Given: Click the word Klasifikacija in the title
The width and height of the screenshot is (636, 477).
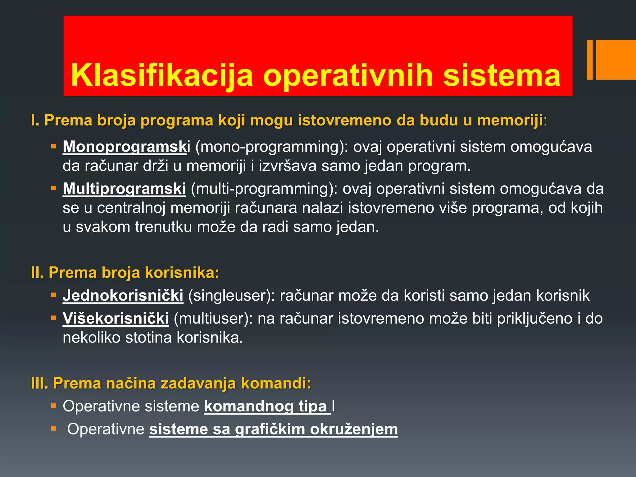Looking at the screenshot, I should (162, 75).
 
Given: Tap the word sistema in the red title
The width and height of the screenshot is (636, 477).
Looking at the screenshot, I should (502, 75).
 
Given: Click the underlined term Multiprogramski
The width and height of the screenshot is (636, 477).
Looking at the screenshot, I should (124, 189).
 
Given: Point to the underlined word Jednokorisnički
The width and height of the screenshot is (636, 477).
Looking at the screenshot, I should (123, 295).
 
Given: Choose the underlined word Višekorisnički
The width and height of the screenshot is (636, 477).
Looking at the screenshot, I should (116, 318).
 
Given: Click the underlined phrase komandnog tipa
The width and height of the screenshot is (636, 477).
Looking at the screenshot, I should (267, 406).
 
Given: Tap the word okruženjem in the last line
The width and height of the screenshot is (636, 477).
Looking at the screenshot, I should (354, 429).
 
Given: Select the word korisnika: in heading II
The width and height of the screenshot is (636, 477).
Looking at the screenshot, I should (182, 272).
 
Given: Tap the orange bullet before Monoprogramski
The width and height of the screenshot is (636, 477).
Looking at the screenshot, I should (54, 146).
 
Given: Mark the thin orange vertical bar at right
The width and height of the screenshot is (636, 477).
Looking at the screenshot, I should (589, 60).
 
